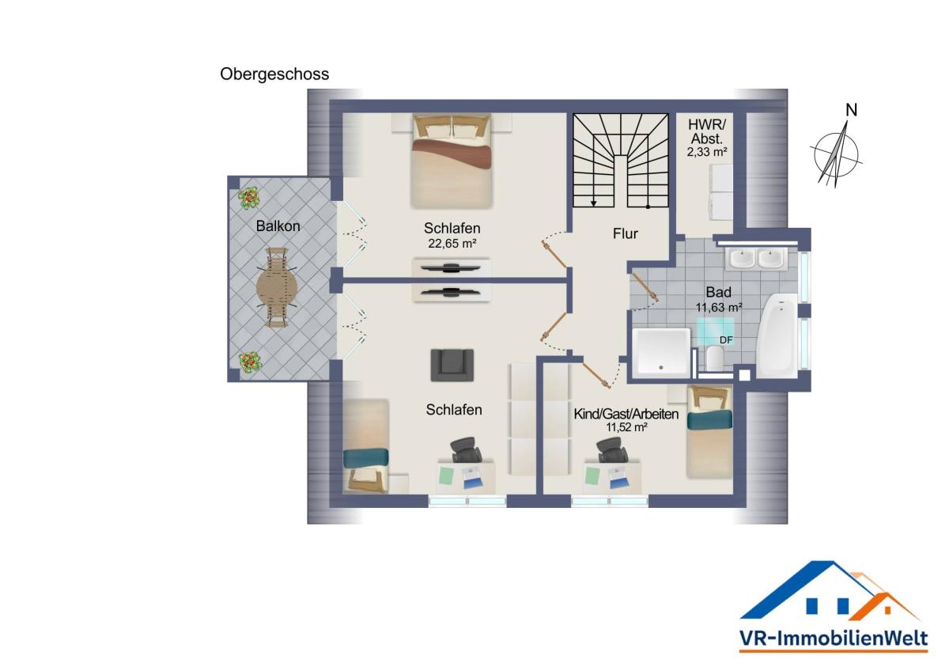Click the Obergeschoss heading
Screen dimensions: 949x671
tap(274, 74)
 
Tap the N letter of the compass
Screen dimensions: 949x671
tap(851, 110)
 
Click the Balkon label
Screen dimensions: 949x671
tap(278, 226)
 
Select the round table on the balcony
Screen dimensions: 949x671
tap(277, 288)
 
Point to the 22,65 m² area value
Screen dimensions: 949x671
tap(452, 243)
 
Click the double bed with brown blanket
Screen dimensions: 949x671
tap(452, 161)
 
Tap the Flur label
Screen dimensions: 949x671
tap(626, 233)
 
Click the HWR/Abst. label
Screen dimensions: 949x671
tap(707, 131)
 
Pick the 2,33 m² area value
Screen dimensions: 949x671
tap(707, 152)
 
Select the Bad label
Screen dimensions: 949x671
tap(719, 292)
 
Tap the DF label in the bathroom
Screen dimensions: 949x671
tap(726, 340)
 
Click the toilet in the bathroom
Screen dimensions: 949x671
tap(715, 358)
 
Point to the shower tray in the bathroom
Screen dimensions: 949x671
tap(661, 352)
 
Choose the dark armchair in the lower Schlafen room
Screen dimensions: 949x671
tap(452, 365)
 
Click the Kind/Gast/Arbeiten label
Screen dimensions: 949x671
tap(626, 414)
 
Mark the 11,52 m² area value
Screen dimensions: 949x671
tap(626, 426)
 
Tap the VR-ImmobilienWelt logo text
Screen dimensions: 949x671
tap(834, 638)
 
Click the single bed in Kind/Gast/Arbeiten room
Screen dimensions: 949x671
tap(709, 431)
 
